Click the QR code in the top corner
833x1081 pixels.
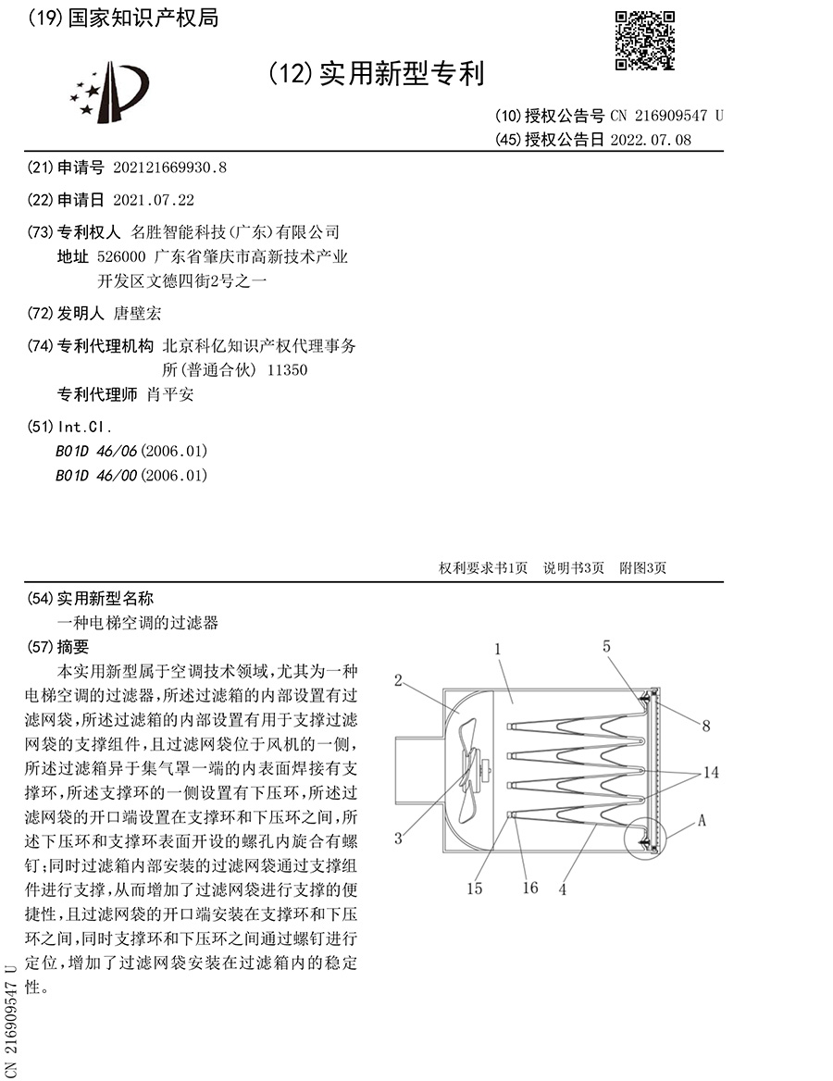[646, 40]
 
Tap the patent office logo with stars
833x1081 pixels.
[108, 92]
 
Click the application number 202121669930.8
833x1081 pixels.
[169, 168]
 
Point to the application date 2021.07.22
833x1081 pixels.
[154, 200]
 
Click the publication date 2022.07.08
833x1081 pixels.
[651, 140]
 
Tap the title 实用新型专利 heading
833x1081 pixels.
[402, 73]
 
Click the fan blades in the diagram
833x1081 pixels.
[469, 759]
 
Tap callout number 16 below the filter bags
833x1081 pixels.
[530, 888]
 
